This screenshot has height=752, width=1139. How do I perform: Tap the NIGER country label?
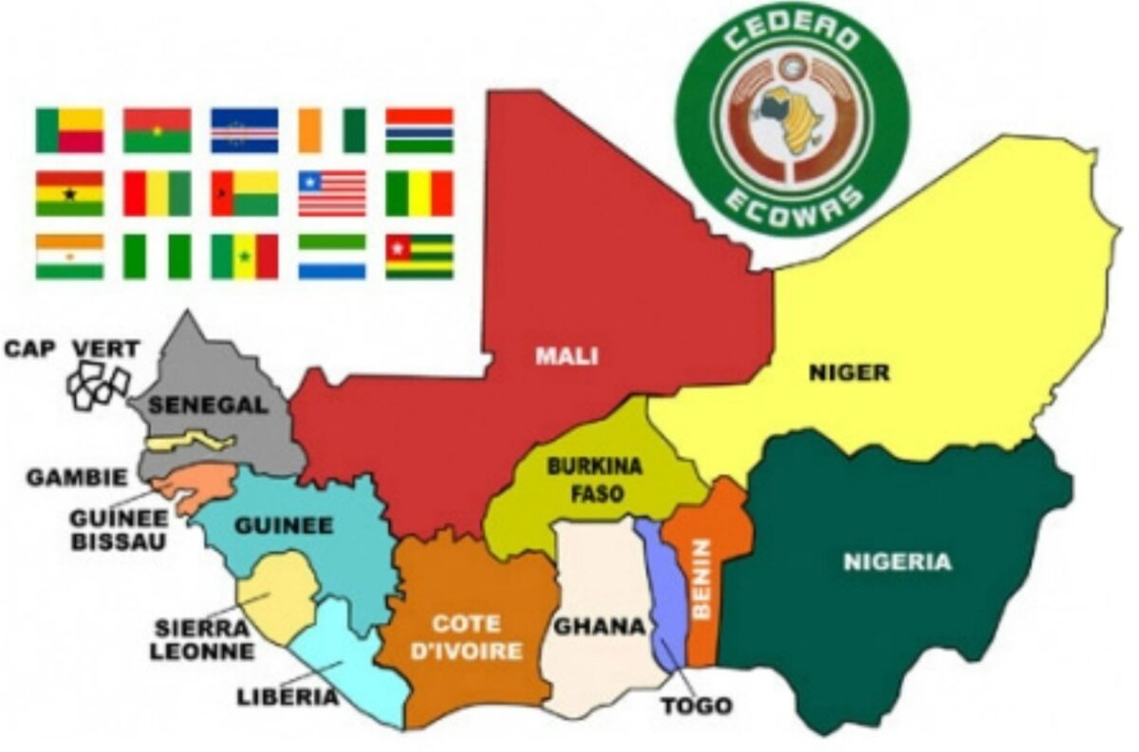[x=849, y=372]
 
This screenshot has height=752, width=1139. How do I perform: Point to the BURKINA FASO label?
[x=581, y=479]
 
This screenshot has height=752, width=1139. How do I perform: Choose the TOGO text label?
[x=698, y=705]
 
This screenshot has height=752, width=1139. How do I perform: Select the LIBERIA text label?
[x=287, y=698]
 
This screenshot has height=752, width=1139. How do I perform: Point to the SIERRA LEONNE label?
[x=205, y=639]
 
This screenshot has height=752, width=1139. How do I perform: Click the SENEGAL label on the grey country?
[x=208, y=404]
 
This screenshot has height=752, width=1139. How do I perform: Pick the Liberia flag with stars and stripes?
[x=331, y=193]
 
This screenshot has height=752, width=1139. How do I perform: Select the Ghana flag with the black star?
[x=69, y=193]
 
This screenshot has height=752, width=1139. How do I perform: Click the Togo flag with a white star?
[x=419, y=255]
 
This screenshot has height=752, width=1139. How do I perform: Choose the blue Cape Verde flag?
[x=244, y=130]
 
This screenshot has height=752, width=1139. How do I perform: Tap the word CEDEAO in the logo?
[x=792, y=40]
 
